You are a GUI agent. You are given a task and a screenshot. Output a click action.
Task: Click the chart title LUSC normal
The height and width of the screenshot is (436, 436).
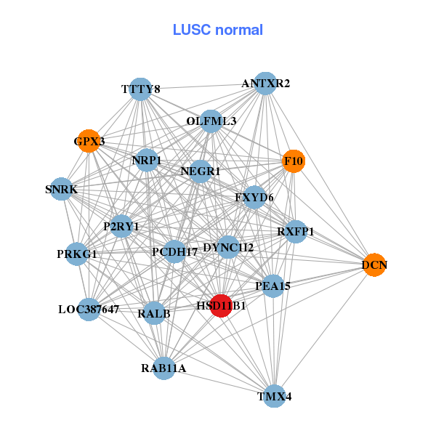coord(218,31)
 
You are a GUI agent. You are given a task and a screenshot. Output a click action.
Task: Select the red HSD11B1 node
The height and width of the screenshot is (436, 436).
coord(221,306)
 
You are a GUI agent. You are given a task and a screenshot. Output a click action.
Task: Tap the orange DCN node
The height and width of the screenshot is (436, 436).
coord(374,265)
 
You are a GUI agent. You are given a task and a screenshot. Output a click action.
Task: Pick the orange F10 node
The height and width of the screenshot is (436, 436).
coord(294,161)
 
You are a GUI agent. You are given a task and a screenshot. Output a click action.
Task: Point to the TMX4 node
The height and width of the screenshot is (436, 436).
coord(274,396)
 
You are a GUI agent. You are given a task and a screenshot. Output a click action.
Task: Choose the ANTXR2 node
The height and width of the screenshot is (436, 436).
coord(265,84)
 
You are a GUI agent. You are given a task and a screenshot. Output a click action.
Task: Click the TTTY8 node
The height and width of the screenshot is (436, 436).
coord(140,89)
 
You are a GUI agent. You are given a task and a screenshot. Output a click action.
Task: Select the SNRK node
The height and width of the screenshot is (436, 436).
coord(61,190)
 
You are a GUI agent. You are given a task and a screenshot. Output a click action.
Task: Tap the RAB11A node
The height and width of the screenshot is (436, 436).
coord(163,368)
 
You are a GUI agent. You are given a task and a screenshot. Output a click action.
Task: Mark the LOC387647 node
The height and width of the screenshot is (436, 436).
coord(89,310)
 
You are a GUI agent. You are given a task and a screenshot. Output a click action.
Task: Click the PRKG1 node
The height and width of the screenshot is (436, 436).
coord(77,254)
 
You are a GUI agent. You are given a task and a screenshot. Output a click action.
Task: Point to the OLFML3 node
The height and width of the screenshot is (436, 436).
coord(211,121)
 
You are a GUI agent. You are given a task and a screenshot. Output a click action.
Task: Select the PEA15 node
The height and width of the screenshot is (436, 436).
coord(272,286)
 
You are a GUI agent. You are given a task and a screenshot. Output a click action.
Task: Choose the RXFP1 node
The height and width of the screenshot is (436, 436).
coord(295,232)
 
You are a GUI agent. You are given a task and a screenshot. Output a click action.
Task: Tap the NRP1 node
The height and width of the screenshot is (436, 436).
coord(147,160)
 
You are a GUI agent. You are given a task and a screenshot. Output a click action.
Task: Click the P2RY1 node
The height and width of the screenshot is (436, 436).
coord(121,227)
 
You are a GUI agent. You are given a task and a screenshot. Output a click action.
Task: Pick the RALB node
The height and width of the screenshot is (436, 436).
coord(154,314)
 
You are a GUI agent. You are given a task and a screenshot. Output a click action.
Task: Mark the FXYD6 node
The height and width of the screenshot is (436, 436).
coord(254,197)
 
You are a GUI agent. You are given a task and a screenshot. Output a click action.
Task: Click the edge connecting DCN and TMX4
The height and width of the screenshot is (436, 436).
coord(324,331)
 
